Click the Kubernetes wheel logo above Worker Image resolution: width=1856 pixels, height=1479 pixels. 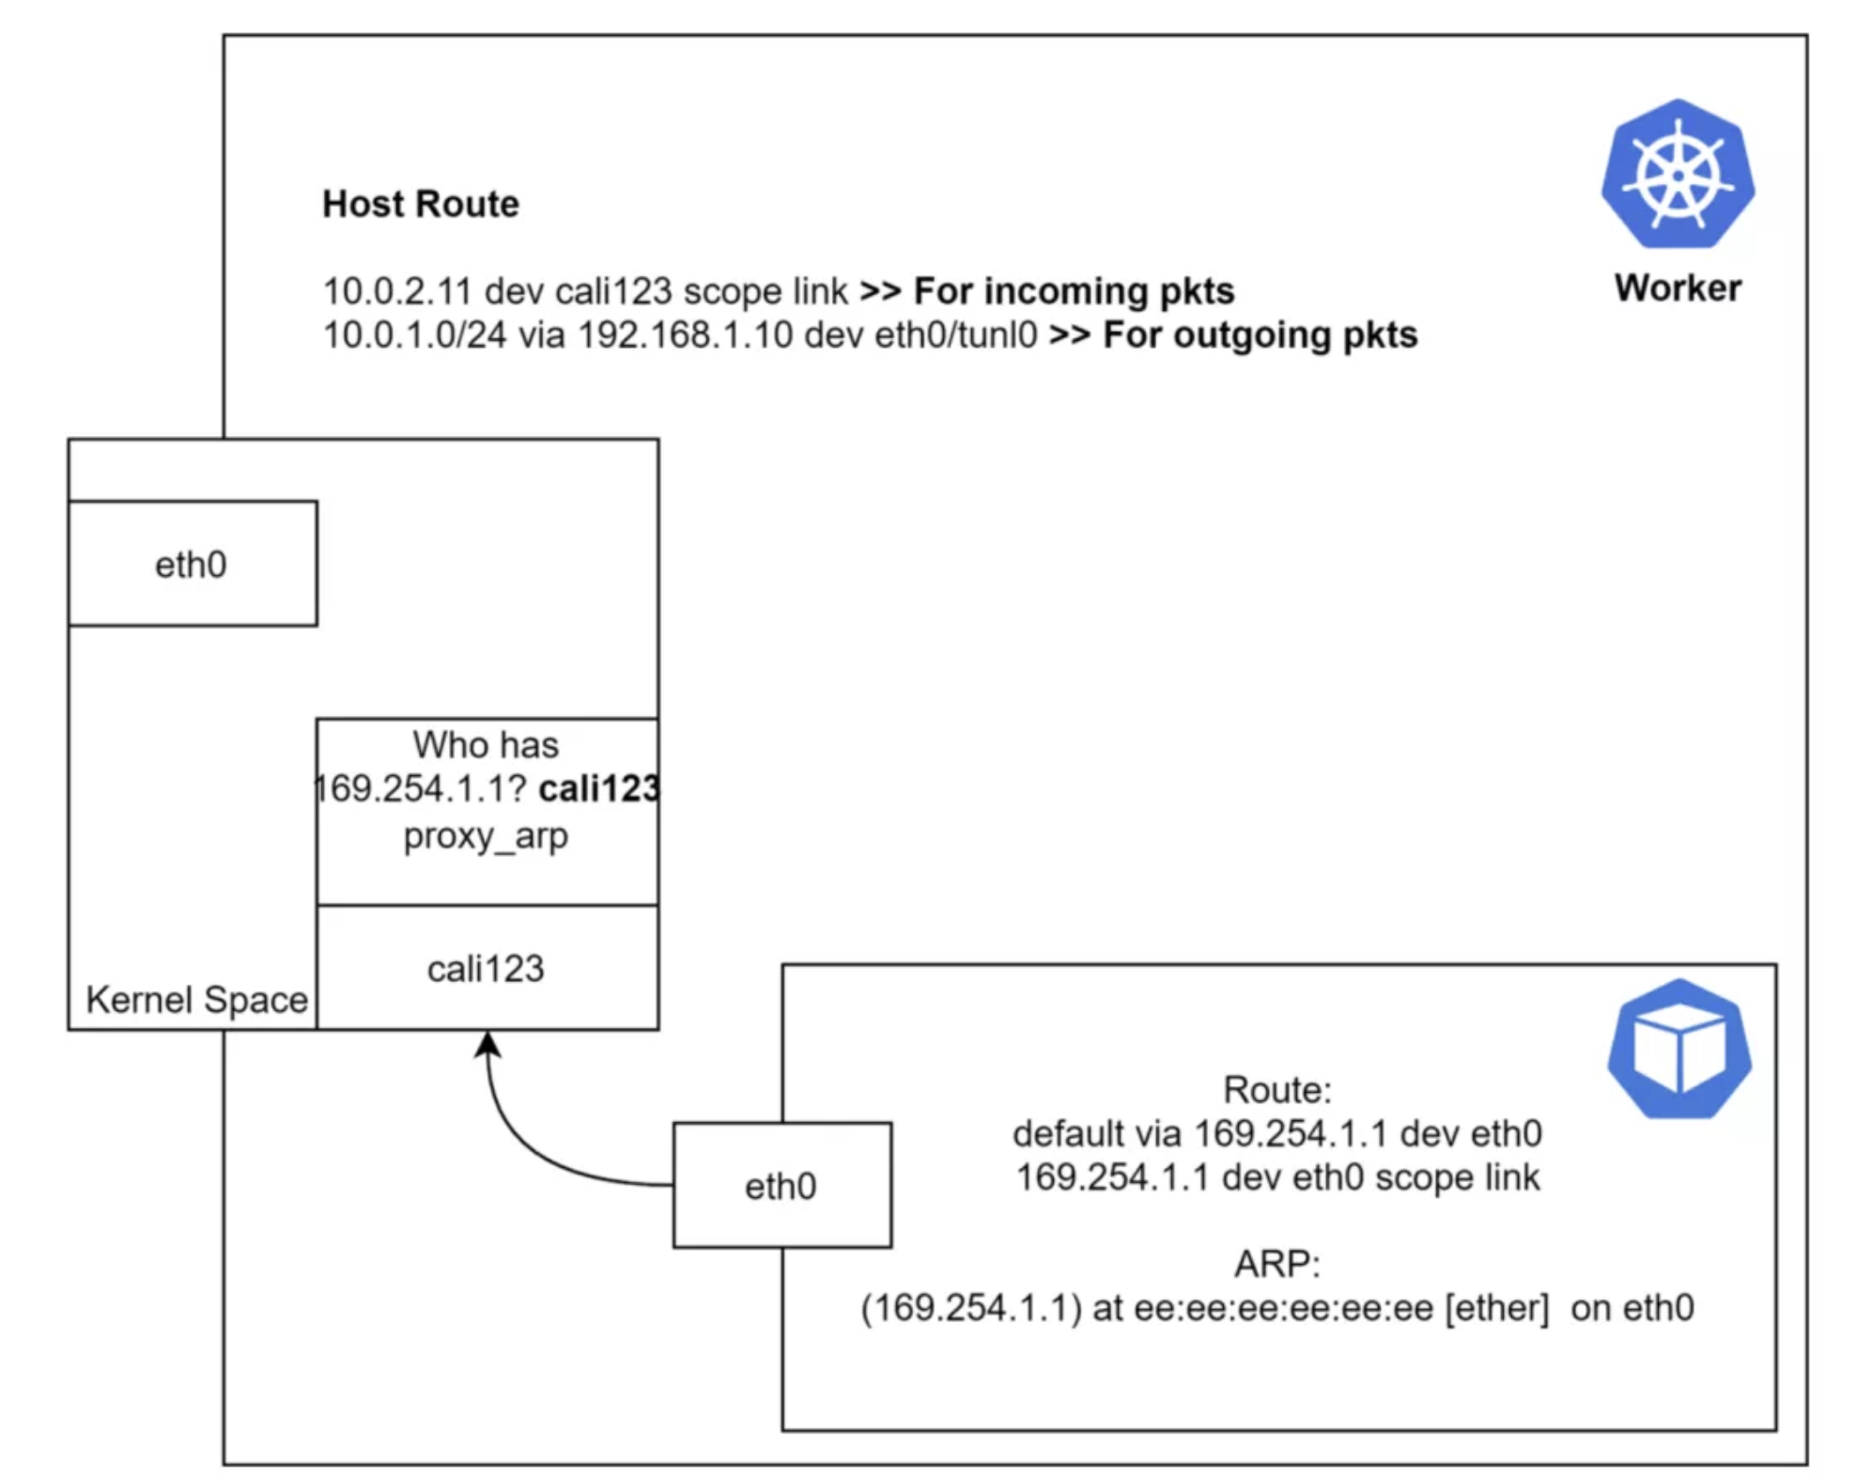[x=1678, y=174]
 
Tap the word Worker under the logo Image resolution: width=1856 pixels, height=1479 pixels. [x=1678, y=288]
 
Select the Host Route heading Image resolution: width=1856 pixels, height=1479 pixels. [x=420, y=204]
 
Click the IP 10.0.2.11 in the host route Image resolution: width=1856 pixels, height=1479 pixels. [x=396, y=291]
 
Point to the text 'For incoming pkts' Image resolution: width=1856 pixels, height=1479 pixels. [x=1074, y=291]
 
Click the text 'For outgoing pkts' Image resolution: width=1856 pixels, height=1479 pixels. [x=1260, y=335]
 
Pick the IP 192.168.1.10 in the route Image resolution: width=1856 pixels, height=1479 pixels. [x=685, y=335]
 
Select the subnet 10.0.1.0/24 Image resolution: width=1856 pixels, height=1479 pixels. [x=414, y=335]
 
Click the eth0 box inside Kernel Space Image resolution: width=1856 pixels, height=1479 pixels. [x=192, y=564]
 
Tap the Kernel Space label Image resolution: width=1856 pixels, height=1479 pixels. [x=196, y=1000]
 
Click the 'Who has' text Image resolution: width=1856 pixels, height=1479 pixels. [x=486, y=745]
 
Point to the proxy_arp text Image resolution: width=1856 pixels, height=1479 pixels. [x=486, y=835]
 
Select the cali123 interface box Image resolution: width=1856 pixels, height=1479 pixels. [x=486, y=968]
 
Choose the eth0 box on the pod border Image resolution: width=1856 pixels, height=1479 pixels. [x=781, y=1186]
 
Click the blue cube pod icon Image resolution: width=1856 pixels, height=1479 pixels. [x=1678, y=1049]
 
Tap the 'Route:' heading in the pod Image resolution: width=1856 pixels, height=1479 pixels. [x=1276, y=1090]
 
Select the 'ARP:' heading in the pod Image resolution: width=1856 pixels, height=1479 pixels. [x=1276, y=1264]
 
